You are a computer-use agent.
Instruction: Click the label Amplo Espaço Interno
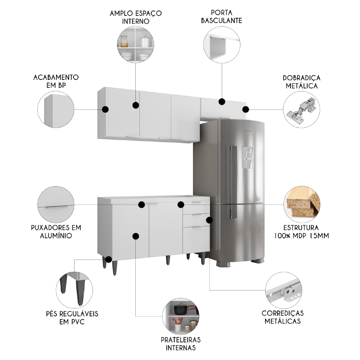click(x=136, y=17)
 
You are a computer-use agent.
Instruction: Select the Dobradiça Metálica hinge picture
click(x=301, y=108)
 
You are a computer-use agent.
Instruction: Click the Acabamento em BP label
click(x=56, y=81)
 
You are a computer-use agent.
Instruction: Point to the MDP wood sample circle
click(x=301, y=204)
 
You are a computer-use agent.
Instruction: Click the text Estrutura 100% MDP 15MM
click(x=301, y=232)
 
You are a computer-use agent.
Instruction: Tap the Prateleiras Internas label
click(x=181, y=343)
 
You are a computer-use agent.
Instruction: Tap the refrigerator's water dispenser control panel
click(x=248, y=157)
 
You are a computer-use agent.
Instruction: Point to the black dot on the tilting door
click(x=222, y=102)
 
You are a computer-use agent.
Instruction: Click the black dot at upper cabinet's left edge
click(x=105, y=109)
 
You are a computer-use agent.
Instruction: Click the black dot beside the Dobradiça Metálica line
click(x=246, y=109)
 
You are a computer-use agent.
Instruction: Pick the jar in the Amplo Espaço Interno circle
click(x=125, y=41)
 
